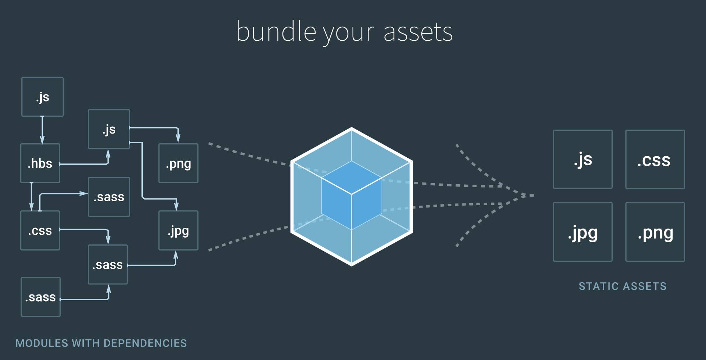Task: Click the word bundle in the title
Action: [x=276, y=32]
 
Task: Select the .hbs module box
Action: [x=40, y=163]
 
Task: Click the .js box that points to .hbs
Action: [x=42, y=97]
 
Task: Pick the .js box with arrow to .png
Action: [x=109, y=129]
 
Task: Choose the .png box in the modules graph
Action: [x=178, y=163]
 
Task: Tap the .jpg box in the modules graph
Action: [x=178, y=230]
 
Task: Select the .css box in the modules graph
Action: [x=40, y=230]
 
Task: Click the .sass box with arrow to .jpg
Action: [x=108, y=265]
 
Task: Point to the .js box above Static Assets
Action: [x=583, y=159]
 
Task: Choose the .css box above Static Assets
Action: [x=655, y=159]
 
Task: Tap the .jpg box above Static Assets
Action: [x=583, y=232]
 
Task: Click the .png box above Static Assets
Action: [x=655, y=232]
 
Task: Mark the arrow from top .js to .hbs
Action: [x=42, y=130]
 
